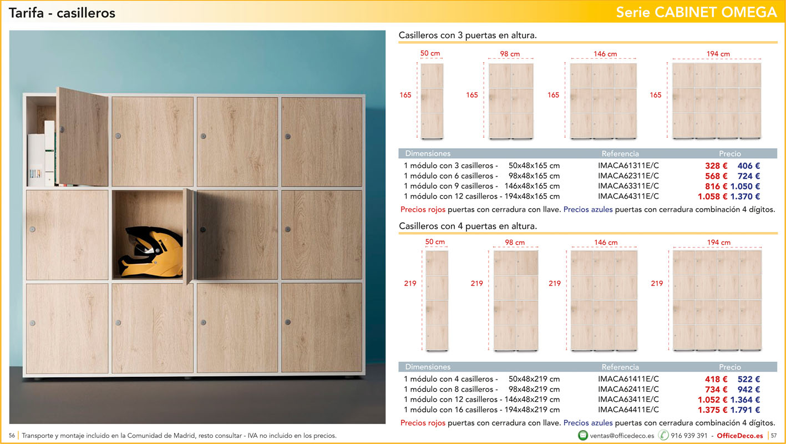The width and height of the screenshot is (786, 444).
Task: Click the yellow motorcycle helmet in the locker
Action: pos(151,252)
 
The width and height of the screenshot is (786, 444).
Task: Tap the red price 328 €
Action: pos(716,165)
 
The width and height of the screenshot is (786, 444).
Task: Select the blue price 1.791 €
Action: pos(746,410)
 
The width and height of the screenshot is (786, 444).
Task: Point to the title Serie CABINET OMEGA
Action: pos(697,12)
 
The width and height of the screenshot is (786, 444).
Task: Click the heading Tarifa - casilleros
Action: pos(62,13)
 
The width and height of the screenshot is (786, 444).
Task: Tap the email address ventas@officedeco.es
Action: pos(622,436)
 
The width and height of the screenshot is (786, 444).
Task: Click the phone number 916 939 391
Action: pos(689,436)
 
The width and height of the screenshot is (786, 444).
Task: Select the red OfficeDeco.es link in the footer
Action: pos(739,436)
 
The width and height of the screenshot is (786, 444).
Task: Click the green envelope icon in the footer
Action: pos(582,435)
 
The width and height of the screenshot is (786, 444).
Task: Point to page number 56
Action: pos(12,436)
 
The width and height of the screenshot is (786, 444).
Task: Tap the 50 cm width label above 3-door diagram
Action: pos(430,53)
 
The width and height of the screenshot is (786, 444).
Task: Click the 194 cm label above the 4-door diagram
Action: pos(719,243)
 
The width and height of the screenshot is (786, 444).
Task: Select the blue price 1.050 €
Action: pos(746,186)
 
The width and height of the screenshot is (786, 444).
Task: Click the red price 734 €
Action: pos(716,389)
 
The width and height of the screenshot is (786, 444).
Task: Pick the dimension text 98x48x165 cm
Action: pos(534,176)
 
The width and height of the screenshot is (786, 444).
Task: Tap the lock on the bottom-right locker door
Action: pos(288,322)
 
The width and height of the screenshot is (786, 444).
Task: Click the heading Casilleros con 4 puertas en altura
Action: pos(468,226)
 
